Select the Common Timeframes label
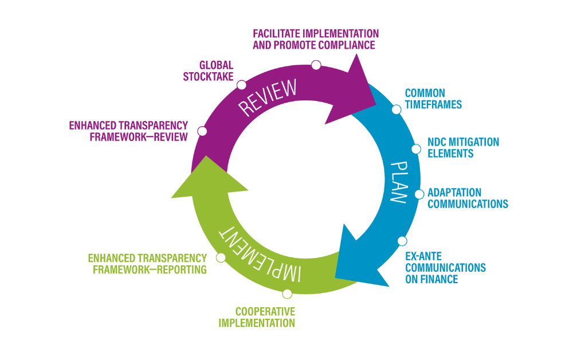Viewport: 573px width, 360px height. coord(433,99)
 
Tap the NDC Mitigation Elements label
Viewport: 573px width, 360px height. coord(463,147)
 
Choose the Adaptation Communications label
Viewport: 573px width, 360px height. coord(468,198)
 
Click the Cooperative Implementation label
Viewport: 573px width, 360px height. coord(257,317)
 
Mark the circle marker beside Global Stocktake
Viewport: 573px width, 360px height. coord(242,85)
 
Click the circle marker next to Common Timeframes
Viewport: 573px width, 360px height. coord(396,109)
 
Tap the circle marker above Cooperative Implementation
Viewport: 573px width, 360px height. coord(288,294)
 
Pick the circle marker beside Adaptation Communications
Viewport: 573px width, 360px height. coord(418,194)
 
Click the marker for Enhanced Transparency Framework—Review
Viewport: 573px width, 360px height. coord(202,131)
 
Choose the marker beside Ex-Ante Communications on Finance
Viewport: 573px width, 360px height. coord(402,241)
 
